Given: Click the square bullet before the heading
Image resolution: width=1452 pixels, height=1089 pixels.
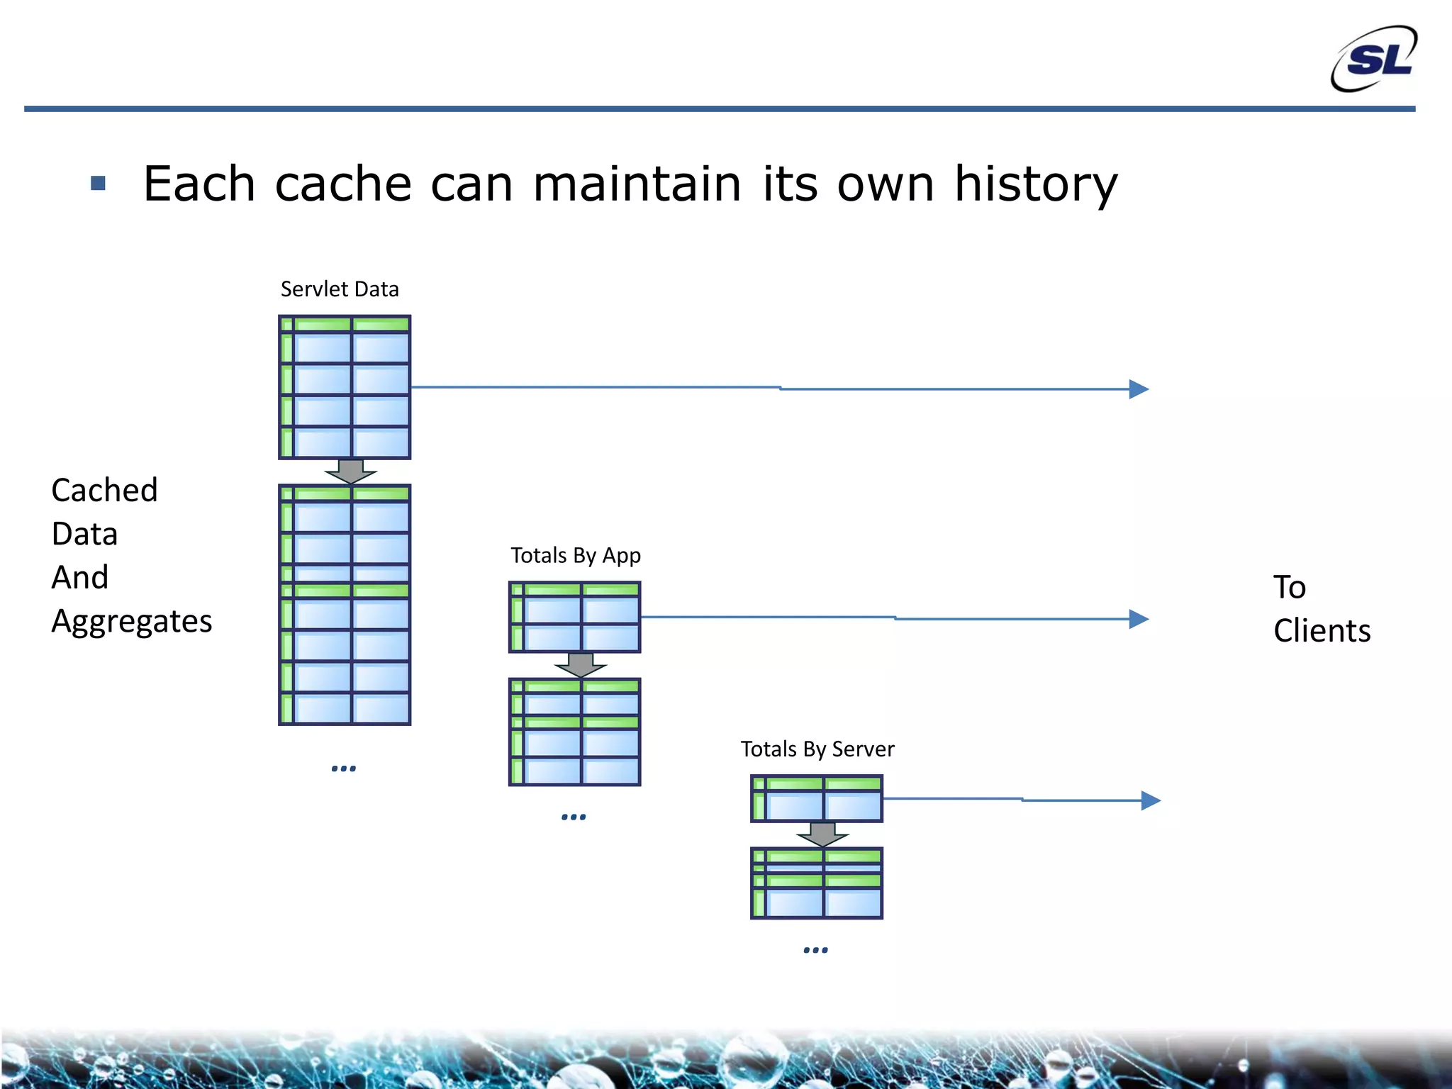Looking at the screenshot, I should (x=99, y=184).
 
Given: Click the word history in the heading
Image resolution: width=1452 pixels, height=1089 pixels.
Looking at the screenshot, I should (x=1035, y=184).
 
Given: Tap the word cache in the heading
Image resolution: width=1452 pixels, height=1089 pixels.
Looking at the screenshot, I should (x=343, y=184).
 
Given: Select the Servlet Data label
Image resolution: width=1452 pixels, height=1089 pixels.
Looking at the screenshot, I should (x=340, y=289).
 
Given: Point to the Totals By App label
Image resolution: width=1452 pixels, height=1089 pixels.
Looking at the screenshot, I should (x=575, y=555).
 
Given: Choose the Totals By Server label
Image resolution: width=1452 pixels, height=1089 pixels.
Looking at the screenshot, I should (x=817, y=749).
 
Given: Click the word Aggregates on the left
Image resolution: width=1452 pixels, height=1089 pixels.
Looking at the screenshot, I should (x=132, y=621).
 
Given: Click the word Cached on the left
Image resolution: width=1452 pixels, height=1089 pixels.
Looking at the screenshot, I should (x=104, y=490).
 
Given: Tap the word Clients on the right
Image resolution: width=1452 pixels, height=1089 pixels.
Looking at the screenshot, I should (x=1322, y=630).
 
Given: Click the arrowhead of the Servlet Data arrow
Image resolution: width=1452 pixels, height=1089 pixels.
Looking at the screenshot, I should (x=1139, y=389).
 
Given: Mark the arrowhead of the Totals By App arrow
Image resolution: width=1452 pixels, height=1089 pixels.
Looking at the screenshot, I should (x=1139, y=619).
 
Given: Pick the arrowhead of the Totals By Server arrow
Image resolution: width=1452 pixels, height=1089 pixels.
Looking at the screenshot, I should (x=1151, y=800).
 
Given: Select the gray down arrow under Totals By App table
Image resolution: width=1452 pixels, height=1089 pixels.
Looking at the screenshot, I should (x=581, y=665).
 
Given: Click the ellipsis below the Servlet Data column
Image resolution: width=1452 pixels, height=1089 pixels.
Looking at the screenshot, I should (x=344, y=769).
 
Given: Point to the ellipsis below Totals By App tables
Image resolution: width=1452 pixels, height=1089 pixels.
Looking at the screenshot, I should (x=574, y=817).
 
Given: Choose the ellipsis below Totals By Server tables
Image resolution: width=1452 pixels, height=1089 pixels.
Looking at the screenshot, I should (x=816, y=950).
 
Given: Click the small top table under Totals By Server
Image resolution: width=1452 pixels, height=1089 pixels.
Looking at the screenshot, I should (x=817, y=799).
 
